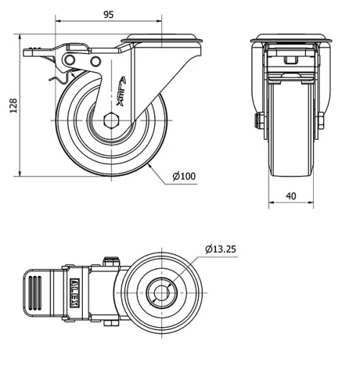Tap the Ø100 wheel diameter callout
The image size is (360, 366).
184,176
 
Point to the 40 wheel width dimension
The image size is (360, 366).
292,195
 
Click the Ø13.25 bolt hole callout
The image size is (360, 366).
220,249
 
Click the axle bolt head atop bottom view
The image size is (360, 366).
111,261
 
